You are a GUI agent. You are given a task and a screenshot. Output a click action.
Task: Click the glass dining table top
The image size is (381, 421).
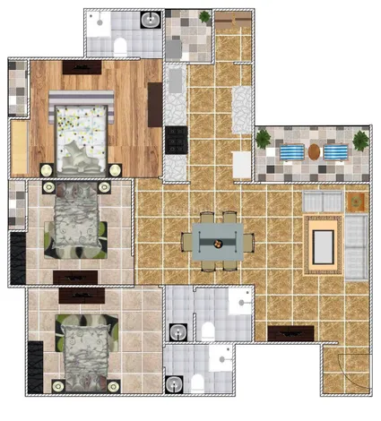point(218,240)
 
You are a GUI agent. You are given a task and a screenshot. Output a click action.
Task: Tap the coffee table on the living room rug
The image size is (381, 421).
point(323,241)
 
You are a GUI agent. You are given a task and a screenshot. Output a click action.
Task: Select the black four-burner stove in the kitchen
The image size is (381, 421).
point(176,140)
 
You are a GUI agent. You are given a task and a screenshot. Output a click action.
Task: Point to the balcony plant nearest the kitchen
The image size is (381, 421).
point(264,139)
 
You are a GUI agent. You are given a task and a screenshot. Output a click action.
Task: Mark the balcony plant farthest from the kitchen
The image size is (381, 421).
point(360,141)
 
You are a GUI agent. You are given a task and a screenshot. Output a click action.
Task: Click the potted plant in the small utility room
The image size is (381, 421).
point(204,17)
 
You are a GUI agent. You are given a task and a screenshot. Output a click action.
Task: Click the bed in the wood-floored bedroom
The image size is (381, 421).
point(81,133)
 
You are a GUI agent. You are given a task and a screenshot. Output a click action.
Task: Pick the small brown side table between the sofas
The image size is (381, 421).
point(356,201)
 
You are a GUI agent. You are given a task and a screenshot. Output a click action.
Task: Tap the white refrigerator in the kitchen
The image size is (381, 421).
point(241,165)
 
